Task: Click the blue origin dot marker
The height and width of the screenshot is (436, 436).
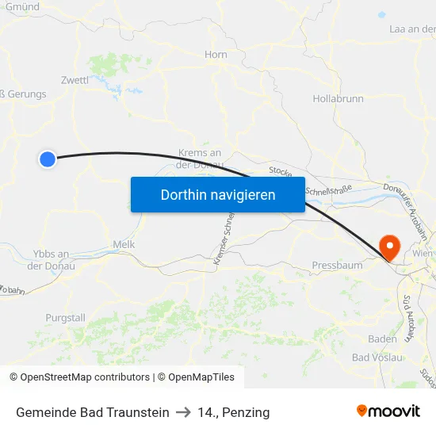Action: click(47, 159)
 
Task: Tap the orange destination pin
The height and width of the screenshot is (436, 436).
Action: click(390, 247)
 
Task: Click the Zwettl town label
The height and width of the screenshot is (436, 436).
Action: click(75, 80)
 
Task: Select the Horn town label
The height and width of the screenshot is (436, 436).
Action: click(216, 54)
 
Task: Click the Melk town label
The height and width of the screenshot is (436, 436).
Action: click(124, 244)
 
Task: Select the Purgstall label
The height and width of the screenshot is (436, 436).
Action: click(65, 318)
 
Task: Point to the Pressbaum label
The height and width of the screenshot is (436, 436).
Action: click(337, 265)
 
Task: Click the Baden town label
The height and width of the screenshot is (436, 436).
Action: click(383, 338)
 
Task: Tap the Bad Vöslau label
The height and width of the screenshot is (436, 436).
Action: click(377, 358)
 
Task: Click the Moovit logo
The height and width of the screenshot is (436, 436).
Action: click(388, 411)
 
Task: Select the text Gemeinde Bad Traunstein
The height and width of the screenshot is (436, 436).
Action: click(93, 412)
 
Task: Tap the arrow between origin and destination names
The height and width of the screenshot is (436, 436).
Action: click(184, 412)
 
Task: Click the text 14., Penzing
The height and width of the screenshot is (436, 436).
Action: click(234, 412)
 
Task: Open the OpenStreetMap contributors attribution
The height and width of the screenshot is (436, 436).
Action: click(85, 377)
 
